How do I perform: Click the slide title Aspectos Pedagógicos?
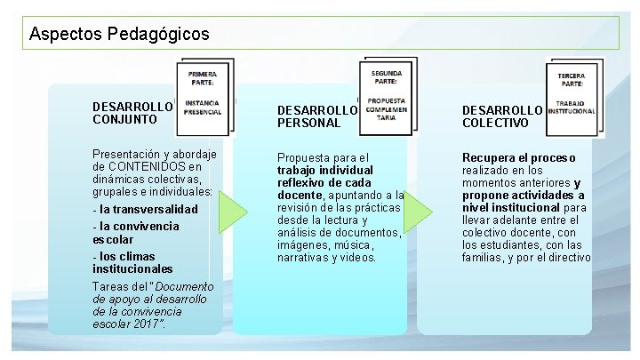click(119, 35)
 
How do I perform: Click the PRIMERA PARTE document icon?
click(206, 90)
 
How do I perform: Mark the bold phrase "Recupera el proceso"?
click(518, 157)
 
